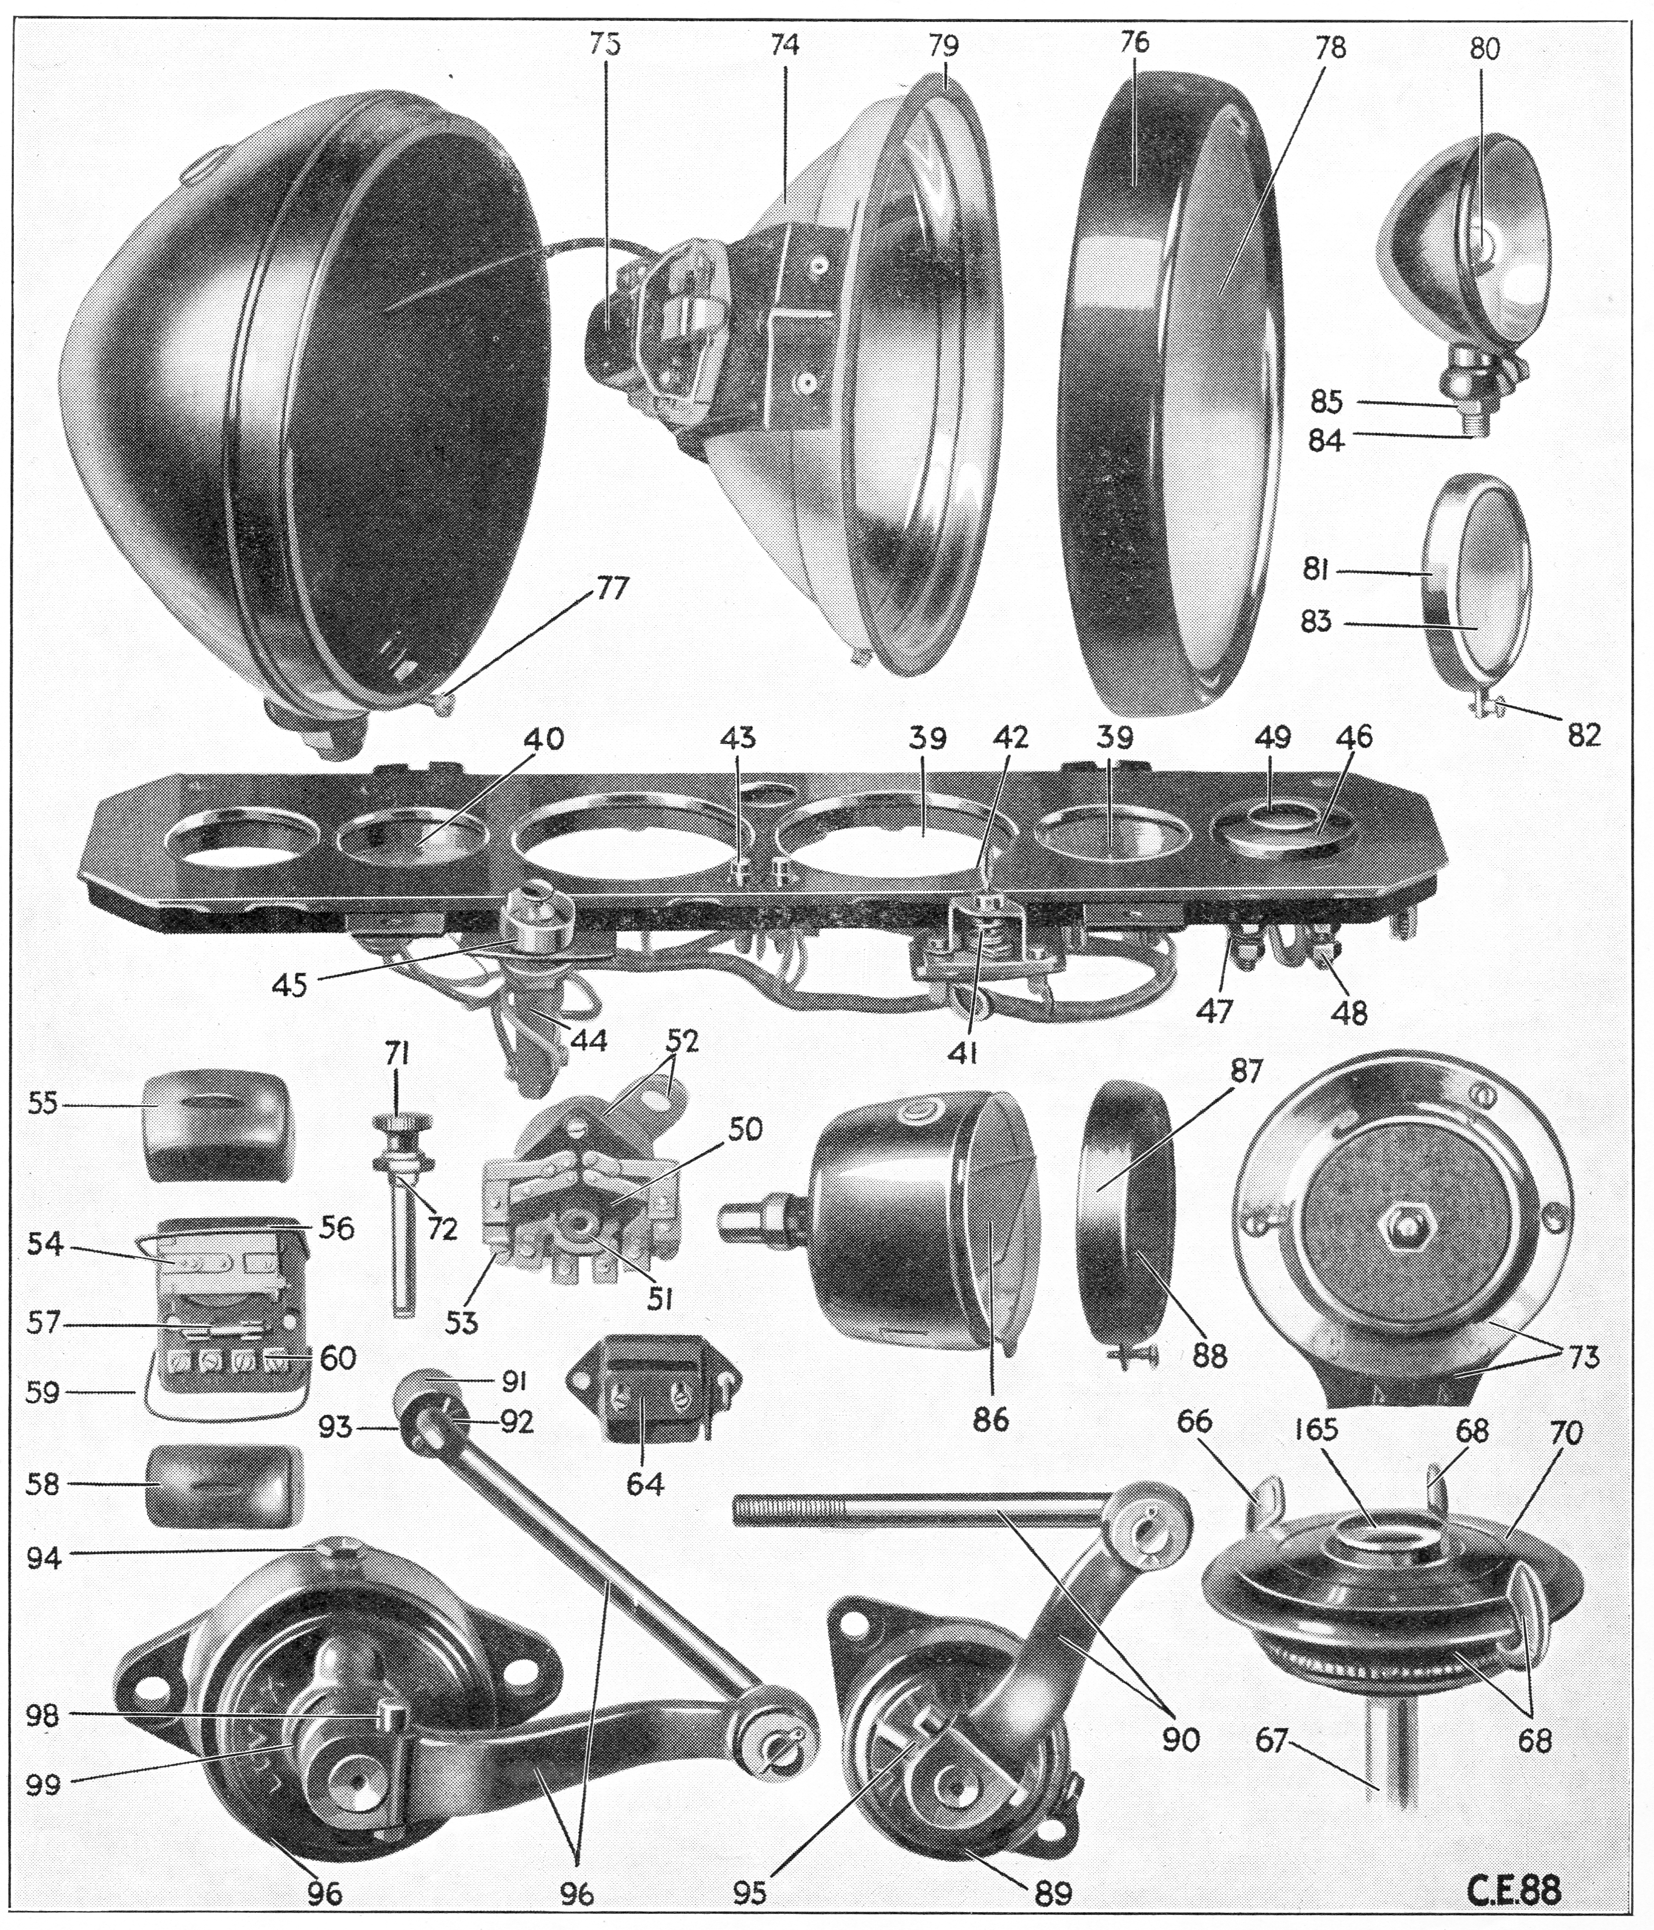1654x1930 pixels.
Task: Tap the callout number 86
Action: click(990, 1420)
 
